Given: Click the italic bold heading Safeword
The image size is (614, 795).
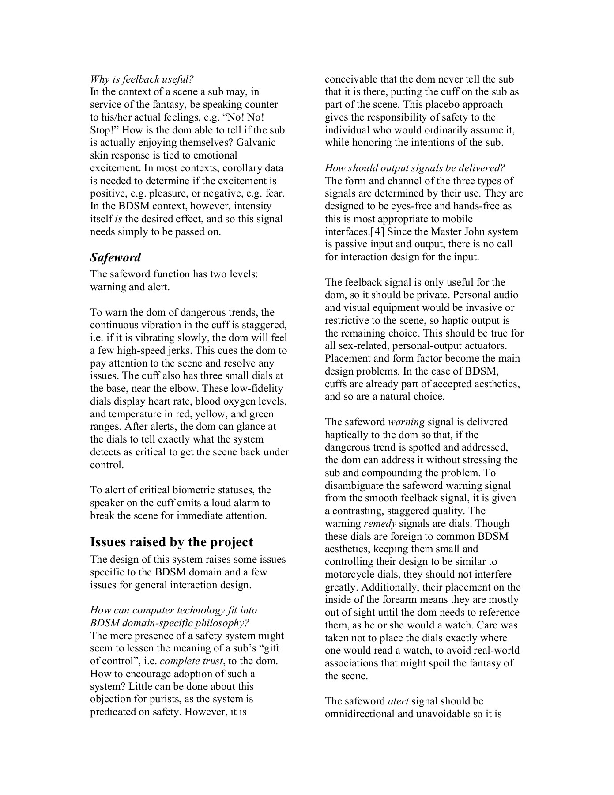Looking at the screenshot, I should click(116, 257).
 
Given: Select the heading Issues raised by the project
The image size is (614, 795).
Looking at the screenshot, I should click(172, 542).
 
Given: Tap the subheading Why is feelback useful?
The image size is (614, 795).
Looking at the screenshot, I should click(142, 79).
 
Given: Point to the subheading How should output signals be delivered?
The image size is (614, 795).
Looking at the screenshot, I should click(414, 168).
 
